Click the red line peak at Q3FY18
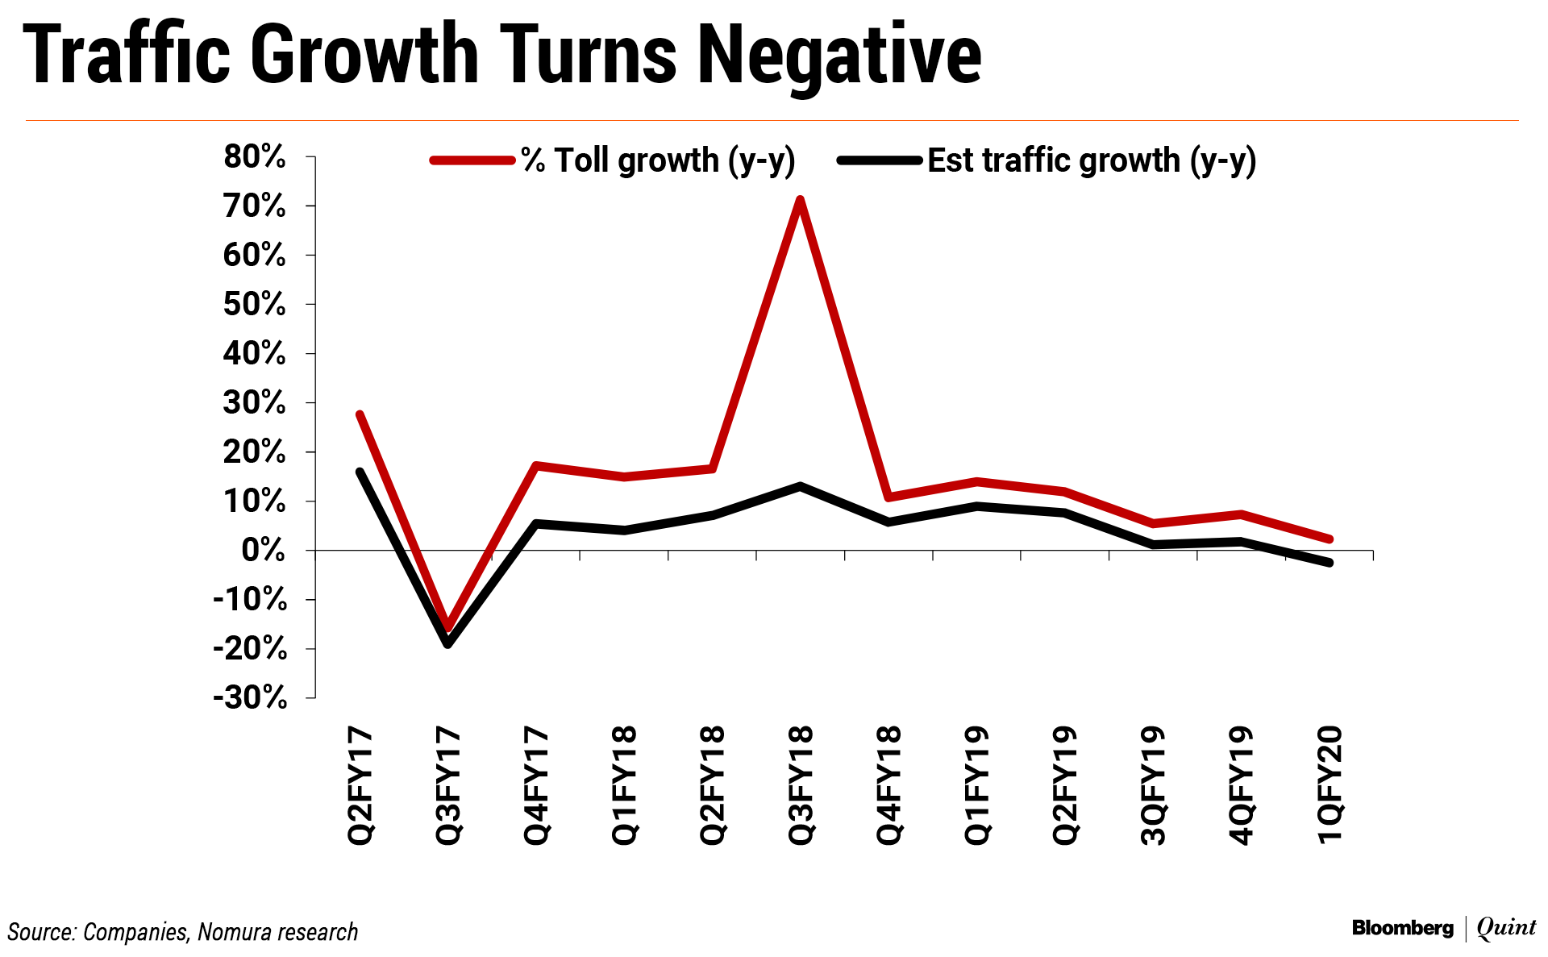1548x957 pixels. [799, 199]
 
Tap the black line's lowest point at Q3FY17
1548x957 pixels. [447, 644]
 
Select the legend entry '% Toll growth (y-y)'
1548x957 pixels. [658, 160]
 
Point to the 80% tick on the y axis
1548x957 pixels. [255, 156]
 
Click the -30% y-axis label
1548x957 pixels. [251, 697]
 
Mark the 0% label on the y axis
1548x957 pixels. [263, 551]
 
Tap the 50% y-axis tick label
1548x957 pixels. [255, 305]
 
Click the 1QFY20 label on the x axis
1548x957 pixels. [1330, 785]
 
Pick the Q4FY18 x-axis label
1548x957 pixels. [888, 785]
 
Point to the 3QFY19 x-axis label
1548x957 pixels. [1153, 785]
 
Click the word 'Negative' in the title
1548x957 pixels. [839, 55]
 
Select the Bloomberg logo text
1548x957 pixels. [1402, 928]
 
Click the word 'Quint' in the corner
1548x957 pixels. [1506, 928]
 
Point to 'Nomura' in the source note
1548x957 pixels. [234, 932]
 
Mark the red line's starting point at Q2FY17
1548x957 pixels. [360, 414]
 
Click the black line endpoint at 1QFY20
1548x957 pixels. [1330, 563]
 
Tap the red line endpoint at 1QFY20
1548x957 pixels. [1330, 539]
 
